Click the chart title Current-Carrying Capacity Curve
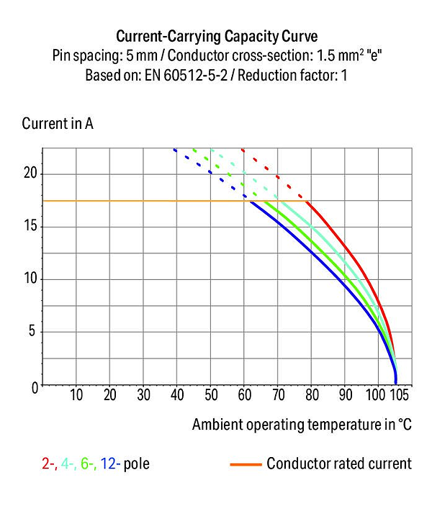217,36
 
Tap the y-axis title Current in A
58,124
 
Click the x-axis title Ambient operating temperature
293,425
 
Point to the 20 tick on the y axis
31,173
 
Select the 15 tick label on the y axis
31,226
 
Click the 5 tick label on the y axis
32,331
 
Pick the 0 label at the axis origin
35,387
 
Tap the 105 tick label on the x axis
400,395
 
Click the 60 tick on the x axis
244,395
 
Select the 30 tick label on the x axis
144,395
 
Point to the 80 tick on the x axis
312,395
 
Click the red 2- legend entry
50,464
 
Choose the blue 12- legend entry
110,464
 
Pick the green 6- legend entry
89,464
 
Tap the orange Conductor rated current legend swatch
246,465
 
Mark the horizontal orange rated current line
174,201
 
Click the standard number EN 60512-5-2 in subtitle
186,76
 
